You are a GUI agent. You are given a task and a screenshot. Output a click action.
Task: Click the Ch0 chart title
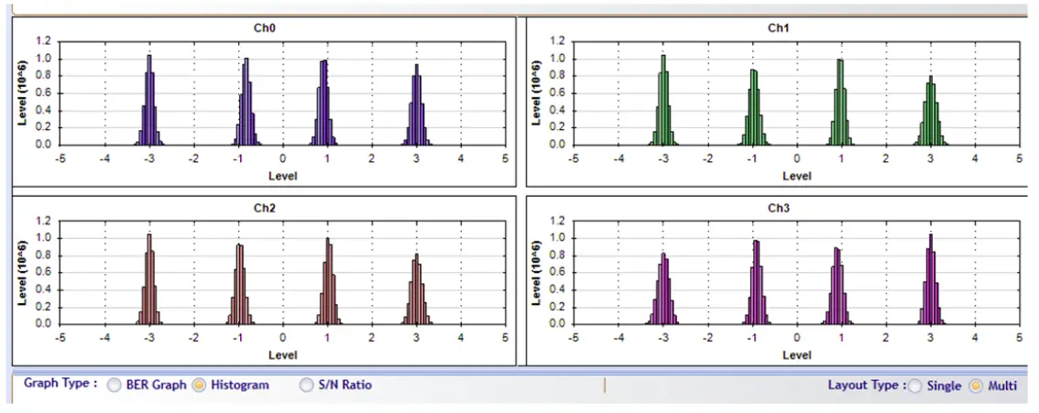click(x=265, y=27)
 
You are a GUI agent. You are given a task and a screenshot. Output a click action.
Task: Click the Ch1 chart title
click(x=778, y=27)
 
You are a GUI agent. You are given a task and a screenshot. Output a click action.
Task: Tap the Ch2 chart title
click(x=265, y=207)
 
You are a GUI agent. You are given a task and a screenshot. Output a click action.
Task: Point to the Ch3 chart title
click(x=778, y=207)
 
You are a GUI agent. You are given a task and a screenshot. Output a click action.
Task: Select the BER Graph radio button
click(x=114, y=386)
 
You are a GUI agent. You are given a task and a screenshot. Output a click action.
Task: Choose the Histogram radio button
click(x=197, y=386)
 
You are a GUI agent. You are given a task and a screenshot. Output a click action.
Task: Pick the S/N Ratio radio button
click(x=306, y=386)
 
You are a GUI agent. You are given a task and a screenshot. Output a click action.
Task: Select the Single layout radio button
click(x=914, y=386)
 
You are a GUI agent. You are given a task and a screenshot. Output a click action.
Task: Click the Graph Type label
click(x=60, y=384)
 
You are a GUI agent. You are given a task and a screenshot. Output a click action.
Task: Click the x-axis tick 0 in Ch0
click(x=283, y=158)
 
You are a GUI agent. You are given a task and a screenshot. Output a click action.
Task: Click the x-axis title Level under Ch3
click(x=796, y=354)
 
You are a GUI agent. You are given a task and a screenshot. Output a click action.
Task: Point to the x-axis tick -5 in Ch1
click(x=574, y=158)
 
